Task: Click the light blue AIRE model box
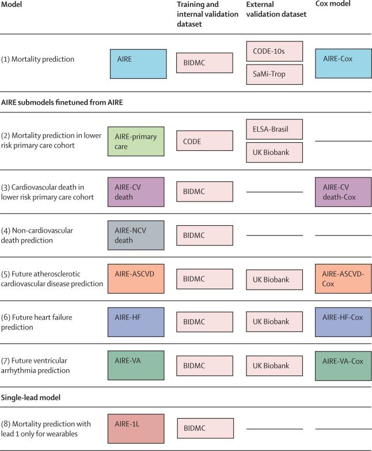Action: [x=138, y=63]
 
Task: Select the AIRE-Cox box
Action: [x=343, y=63]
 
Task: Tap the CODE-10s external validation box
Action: [x=274, y=51]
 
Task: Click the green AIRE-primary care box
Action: [x=136, y=141]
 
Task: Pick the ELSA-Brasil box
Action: [x=274, y=129]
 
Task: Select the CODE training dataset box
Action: [x=204, y=141]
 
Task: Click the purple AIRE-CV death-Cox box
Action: [x=343, y=192]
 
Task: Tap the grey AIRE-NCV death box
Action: [x=136, y=235]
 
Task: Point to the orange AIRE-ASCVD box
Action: [x=136, y=279]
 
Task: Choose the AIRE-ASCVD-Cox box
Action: [x=343, y=279]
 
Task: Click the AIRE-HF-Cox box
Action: [x=343, y=322]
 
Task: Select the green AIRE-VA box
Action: [x=136, y=365]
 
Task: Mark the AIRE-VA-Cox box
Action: [x=343, y=365]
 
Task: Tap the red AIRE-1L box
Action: [x=136, y=429]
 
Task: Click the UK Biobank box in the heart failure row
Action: [x=274, y=322]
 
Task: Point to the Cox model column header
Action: [x=333, y=4]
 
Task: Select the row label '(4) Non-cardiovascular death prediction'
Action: [x=45, y=235]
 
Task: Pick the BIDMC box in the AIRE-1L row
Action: [x=204, y=429]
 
